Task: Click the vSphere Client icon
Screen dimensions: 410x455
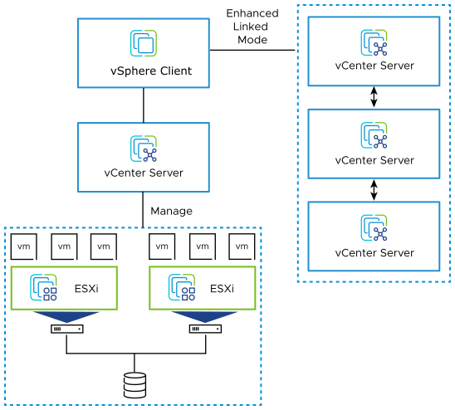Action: pyautogui.click(x=144, y=42)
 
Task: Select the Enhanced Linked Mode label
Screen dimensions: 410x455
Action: pyautogui.click(x=252, y=27)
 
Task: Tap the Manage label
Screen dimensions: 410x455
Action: pyautogui.click(x=171, y=211)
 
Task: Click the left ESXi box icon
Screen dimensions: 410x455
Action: pyautogui.click(x=42, y=287)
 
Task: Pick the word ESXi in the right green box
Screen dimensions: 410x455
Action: pyautogui.click(x=222, y=288)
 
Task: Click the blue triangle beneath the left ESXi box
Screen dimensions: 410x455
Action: pyautogui.click(x=66, y=315)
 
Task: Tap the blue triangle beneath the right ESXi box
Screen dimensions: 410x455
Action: pyautogui.click(x=206, y=315)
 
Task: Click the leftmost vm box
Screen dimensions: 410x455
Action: pyautogui.click(x=23, y=246)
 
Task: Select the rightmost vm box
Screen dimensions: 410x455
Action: pyautogui.click(x=242, y=246)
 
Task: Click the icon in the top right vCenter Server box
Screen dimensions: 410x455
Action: pyautogui.click(x=374, y=42)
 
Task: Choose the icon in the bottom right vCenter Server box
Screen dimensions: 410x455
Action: pyautogui.click(x=374, y=228)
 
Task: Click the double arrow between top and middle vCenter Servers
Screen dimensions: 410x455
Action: pyautogui.click(x=374, y=97)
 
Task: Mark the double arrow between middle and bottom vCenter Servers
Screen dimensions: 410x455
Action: pyautogui.click(x=374, y=190)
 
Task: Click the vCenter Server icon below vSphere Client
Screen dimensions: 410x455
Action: pyautogui.click(x=144, y=149)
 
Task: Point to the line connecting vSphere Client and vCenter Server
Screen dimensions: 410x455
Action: pyautogui.click(x=144, y=105)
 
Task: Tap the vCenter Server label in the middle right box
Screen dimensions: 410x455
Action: pyautogui.click(x=374, y=159)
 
